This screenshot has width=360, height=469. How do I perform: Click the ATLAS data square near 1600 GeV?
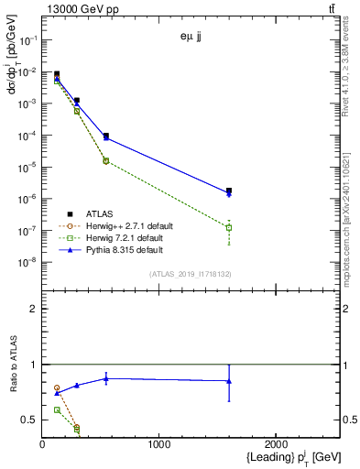[x=229, y=191]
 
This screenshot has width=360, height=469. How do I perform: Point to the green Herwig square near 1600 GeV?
[x=229, y=227]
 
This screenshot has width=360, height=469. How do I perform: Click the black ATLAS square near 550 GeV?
[x=106, y=136]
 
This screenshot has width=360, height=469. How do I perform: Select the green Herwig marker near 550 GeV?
[x=106, y=160]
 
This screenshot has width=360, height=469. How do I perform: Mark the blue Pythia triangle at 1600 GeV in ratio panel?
[x=229, y=381]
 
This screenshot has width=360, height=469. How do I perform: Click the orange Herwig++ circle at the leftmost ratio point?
[x=57, y=387]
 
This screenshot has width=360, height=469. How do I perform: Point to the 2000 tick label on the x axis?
[x=277, y=444]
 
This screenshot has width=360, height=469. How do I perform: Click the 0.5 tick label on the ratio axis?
[x=30, y=420]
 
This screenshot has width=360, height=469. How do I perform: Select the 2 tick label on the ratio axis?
[x=33, y=309]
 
